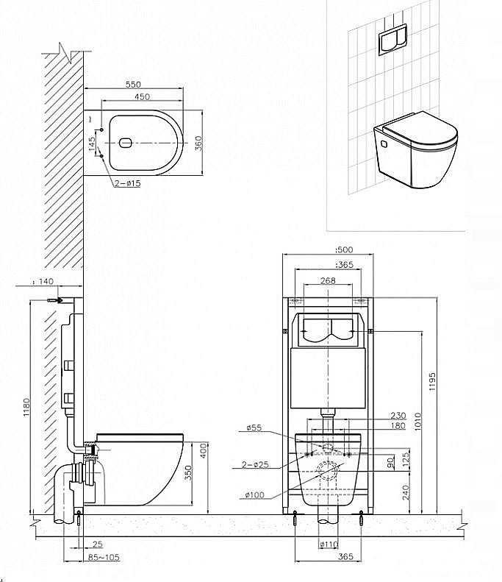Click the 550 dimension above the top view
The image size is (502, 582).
point(133,85)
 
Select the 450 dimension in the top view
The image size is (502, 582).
point(142,97)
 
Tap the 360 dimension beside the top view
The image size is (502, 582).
point(198,143)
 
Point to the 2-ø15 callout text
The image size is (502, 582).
point(127,183)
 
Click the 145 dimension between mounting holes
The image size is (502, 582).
point(93,143)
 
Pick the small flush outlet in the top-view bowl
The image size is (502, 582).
point(125,143)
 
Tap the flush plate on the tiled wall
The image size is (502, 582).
point(392,39)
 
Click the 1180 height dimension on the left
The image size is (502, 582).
point(26,407)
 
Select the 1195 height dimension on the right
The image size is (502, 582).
point(432,382)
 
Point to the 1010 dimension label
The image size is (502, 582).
point(417,422)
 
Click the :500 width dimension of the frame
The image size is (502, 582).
point(344,250)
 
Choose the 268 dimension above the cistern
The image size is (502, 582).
point(328,280)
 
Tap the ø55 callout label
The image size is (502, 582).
point(254,427)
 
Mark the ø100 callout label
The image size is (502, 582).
point(255,494)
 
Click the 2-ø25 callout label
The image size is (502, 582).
point(256,464)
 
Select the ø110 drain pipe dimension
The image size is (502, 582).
point(329,544)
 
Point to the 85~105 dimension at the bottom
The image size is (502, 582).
point(104,557)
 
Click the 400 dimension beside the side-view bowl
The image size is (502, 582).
point(204,450)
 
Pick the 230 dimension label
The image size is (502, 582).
point(398,415)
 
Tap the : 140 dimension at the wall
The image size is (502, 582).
point(43,282)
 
